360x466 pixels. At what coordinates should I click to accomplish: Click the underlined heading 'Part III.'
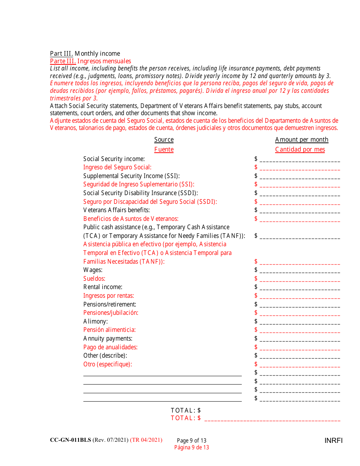[x=61, y=54]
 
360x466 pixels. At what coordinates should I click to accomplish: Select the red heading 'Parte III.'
[x=63, y=61]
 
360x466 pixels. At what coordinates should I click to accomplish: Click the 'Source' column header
[x=164, y=139]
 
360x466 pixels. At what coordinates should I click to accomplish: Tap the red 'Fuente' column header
[x=164, y=149]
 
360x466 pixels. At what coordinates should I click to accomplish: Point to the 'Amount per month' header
[x=302, y=139]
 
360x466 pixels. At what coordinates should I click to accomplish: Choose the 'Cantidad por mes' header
[x=300, y=149]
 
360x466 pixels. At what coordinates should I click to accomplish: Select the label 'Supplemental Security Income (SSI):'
[x=131, y=176]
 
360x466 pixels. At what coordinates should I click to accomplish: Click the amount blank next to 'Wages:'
[x=300, y=271]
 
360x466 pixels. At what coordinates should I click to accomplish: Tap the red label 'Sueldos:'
[x=94, y=278]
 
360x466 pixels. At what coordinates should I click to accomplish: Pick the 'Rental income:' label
[x=103, y=287]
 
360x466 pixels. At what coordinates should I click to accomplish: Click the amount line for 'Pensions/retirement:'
[x=300, y=305]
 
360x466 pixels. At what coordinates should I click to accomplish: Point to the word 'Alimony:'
[x=95, y=321]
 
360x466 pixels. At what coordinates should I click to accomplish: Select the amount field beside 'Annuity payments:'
[x=300, y=339]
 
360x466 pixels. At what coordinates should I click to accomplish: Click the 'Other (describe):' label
[x=105, y=355]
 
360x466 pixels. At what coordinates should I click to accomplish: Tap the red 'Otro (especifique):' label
[x=108, y=364]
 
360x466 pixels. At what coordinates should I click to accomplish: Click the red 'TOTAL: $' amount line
[x=272, y=419]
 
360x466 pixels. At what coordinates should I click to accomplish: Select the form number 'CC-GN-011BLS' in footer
[x=70, y=440]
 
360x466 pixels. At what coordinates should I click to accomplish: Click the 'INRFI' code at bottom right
[x=333, y=440]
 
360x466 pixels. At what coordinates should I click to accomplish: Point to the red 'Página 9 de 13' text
[x=191, y=447]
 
